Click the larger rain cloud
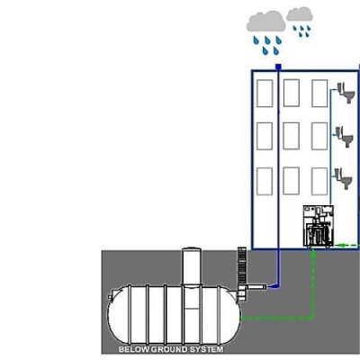click(x=265, y=22)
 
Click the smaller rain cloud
click(x=300, y=14)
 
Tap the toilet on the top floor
click(x=346, y=93)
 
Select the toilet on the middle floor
click(x=345, y=137)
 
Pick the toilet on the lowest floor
click(x=344, y=178)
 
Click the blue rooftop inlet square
click(x=278, y=67)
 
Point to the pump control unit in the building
click(x=319, y=226)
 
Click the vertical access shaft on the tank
click(x=192, y=266)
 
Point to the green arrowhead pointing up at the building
click(x=314, y=254)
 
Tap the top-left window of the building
click(x=265, y=94)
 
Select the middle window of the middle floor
click(x=291, y=136)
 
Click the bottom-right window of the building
click(x=319, y=181)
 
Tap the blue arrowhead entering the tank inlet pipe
click(x=272, y=287)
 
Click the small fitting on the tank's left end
click(x=110, y=296)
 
